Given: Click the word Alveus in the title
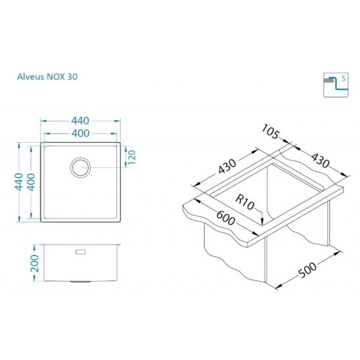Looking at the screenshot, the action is coord(31,77).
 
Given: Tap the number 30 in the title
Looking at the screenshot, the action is coord(72,77).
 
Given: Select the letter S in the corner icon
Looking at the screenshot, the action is coord(344,79).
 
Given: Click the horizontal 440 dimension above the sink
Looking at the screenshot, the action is coord(80,121).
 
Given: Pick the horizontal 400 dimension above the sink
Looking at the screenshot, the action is coord(80,133).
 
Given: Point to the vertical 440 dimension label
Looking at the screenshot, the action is coord(19,182).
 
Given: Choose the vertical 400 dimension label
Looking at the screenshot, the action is coord(32,182).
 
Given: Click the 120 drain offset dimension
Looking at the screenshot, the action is coord(132,157).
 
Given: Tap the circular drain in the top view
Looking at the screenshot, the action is coord(80,158).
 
